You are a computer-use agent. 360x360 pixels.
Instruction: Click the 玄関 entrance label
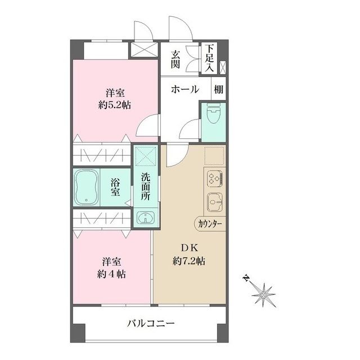point(175,60)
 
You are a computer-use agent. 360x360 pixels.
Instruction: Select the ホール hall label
point(184,89)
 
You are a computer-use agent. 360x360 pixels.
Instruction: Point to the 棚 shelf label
point(218,89)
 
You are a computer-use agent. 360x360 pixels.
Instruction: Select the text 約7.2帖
point(188,261)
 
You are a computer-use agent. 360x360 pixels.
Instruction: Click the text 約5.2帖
point(114,105)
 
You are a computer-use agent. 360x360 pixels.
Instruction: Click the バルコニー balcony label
point(150,323)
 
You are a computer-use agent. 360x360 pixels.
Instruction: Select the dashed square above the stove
point(214,154)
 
